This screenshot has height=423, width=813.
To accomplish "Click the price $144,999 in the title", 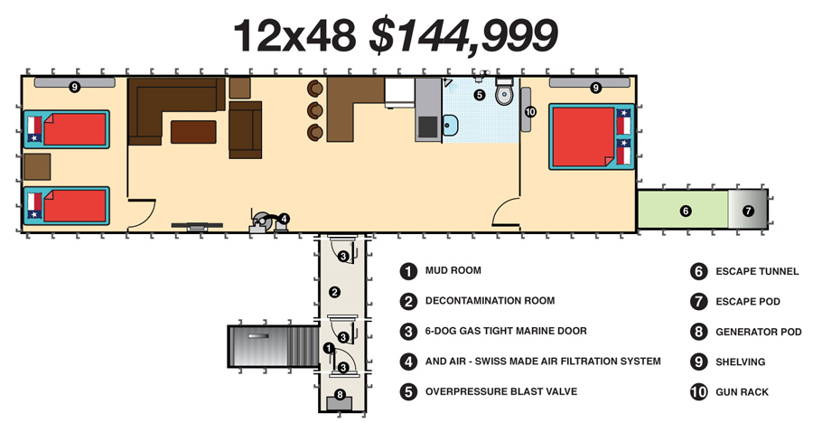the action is click(x=463, y=35).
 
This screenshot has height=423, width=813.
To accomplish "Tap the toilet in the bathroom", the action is click(x=503, y=92).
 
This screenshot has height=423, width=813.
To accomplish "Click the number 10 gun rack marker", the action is click(x=530, y=111).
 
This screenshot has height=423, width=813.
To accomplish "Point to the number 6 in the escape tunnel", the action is click(x=686, y=211).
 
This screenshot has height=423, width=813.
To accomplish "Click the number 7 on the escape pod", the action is click(x=748, y=211).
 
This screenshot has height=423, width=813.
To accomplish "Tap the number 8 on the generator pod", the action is click(x=340, y=394).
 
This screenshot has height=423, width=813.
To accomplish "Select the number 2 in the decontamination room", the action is click(x=335, y=292).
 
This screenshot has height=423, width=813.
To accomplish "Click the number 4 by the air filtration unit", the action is click(x=284, y=219).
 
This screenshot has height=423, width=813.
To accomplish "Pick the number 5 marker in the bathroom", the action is click(x=479, y=95).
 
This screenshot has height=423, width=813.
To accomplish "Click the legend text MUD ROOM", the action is click(x=453, y=270).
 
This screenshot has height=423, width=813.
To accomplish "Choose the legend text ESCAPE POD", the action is click(x=748, y=302).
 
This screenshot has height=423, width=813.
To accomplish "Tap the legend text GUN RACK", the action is click(x=742, y=392).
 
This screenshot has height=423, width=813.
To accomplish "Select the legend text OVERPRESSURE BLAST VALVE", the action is click(x=500, y=391).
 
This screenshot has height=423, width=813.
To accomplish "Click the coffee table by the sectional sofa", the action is click(x=193, y=132).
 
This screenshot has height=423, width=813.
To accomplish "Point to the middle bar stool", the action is click(x=314, y=110).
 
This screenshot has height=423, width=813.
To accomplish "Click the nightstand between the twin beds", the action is click(x=37, y=167).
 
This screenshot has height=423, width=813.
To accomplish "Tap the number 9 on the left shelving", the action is click(x=75, y=87).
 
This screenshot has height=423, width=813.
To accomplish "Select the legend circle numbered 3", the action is click(x=408, y=331).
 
